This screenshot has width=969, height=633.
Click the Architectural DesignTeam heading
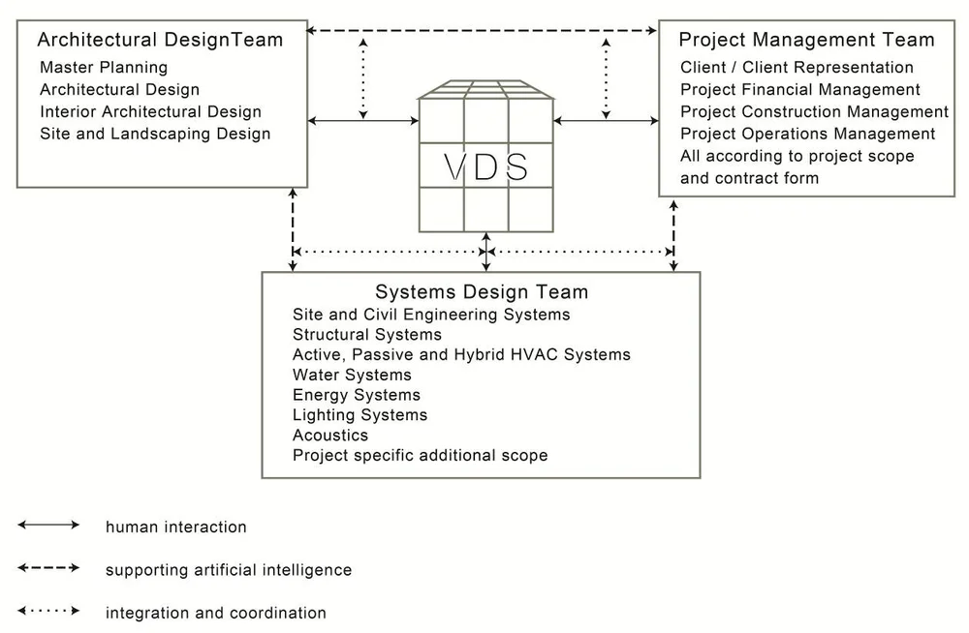point(160,40)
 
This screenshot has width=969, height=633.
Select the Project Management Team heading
point(806,40)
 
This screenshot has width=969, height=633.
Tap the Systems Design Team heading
point(482,292)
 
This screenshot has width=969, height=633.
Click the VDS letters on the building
point(486,166)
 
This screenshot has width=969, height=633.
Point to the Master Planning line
point(104,68)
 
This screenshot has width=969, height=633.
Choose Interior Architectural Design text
point(150,111)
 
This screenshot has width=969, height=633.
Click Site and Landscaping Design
point(155,134)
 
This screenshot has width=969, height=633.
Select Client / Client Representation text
point(797,68)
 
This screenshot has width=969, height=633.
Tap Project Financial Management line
point(800,89)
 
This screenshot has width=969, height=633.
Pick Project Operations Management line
point(807,134)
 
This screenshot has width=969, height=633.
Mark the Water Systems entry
point(352,375)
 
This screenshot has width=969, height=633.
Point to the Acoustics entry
point(330,435)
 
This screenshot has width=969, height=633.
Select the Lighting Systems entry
point(359,415)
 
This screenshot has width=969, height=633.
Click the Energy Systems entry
point(357,395)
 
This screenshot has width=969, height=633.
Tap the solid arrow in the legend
point(48,525)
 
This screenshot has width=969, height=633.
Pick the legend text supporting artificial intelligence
point(229,570)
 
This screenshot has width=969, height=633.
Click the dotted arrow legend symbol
point(48,611)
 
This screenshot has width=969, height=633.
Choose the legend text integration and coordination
point(216,613)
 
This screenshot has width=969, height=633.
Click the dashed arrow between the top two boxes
point(482,31)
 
